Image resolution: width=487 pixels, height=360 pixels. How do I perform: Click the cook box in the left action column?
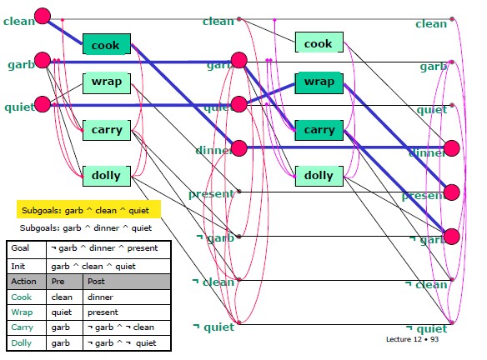point(106,44)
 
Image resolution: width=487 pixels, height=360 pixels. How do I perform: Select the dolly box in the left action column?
point(106,175)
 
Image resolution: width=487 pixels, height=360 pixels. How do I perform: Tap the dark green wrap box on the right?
point(319,82)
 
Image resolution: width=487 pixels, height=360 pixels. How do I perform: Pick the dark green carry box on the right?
point(319,130)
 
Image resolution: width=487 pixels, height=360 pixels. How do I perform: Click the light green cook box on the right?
point(318,43)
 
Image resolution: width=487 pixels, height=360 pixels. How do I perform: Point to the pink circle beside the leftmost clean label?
point(43,15)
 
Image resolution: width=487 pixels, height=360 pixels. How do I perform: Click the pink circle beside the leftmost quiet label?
point(43,106)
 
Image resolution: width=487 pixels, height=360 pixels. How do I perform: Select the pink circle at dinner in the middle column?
point(238,148)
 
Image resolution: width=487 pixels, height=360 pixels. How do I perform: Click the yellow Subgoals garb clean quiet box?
point(87,211)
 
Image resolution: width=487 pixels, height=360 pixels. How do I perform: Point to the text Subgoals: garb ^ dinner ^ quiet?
point(87,227)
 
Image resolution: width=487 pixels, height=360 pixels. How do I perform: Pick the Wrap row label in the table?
point(23,312)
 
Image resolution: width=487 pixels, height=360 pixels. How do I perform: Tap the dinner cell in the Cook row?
point(101,297)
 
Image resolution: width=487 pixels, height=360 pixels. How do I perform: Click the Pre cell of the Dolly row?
point(59,342)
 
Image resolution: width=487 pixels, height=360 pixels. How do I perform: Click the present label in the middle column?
point(211,193)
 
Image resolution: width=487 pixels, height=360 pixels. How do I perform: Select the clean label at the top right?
point(431,24)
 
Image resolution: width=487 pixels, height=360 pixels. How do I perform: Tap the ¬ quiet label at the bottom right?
point(426,328)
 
